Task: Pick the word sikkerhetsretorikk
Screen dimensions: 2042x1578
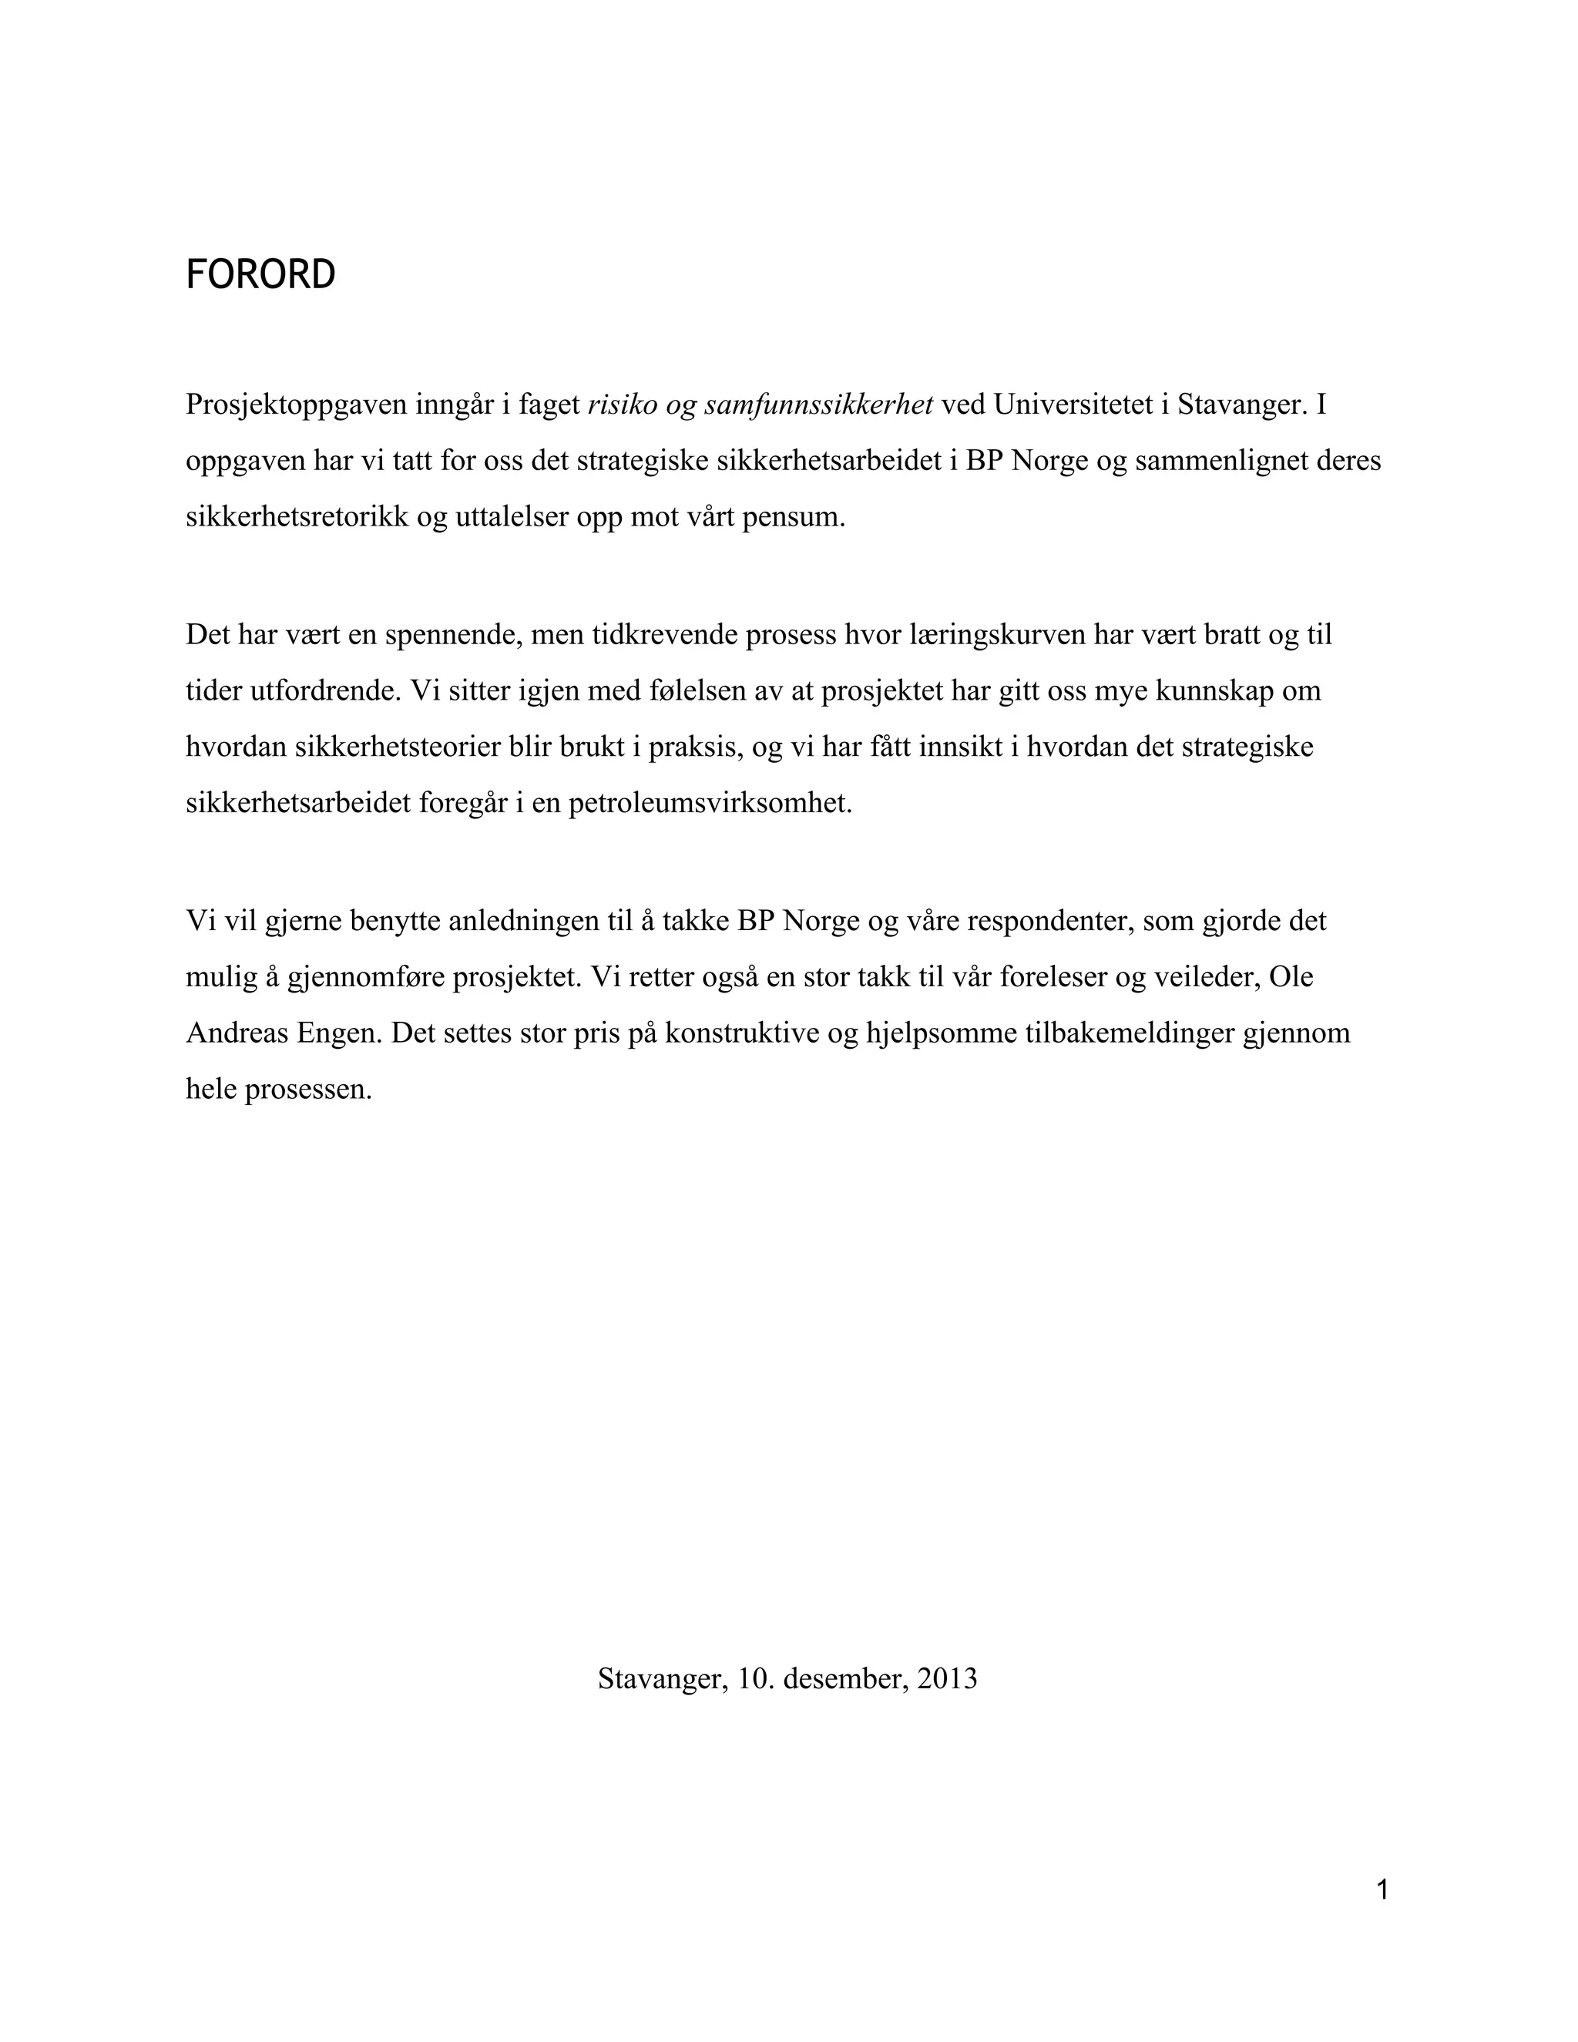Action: tap(297, 517)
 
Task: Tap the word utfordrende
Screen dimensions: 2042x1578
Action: tap(325, 691)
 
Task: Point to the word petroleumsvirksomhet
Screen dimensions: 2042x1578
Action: tap(710, 803)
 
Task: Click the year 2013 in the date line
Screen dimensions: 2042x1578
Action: tap(947, 1678)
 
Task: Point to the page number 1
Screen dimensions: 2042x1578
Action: tap(1382, 1889)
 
